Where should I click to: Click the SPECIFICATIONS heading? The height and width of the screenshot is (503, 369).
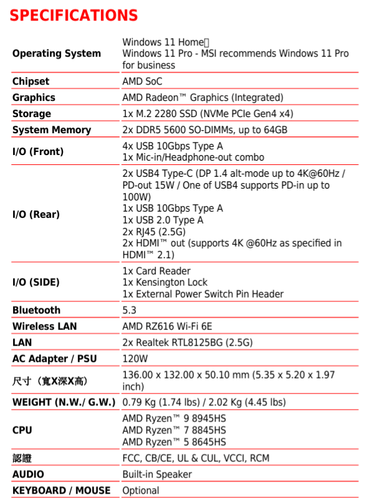(74, 15)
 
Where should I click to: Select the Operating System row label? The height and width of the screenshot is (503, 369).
(56, 54)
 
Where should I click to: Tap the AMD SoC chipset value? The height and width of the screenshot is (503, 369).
(142, 82)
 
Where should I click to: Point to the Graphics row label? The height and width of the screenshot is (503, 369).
(34, 98)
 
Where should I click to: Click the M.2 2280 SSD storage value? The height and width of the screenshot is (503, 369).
(208, 114)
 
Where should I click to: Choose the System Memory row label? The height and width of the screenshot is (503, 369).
(52, 130)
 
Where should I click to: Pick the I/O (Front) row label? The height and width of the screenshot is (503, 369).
(38, 151)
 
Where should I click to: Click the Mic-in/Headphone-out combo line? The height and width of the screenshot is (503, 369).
(193, 157)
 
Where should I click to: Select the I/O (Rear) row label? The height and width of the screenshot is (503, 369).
(36, 214)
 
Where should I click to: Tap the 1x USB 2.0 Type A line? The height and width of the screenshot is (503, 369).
(163, 220)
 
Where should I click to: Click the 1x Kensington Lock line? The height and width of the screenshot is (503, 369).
(165, 282)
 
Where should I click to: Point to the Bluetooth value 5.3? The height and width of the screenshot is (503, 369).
(129, 310)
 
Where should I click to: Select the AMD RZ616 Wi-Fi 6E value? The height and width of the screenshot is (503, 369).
(167, 326)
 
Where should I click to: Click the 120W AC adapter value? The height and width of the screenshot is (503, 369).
(135, 359)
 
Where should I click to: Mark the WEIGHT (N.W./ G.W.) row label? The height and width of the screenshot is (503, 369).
(64, 402)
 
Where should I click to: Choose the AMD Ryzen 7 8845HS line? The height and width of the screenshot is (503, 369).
(174, 430)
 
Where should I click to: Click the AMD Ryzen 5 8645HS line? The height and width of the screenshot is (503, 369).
(174, 442)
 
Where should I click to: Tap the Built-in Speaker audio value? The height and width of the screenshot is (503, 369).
(157, 474)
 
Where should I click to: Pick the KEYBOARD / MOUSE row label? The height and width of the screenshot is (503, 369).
(61, 491)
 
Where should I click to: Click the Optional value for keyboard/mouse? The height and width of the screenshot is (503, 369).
(141, 491)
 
